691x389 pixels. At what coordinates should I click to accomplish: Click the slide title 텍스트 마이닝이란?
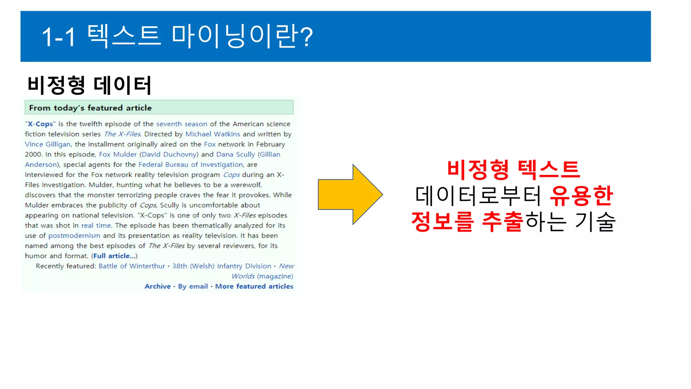click(177, 36)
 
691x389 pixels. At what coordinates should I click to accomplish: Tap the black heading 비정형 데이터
click(89, 85)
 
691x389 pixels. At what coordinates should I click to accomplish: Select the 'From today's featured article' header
click(90, 108)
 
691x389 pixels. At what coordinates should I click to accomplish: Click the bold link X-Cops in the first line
click(40, 124)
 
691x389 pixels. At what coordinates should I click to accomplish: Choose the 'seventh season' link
click(182, 124)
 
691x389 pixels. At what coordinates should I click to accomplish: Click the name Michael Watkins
click(213, 134)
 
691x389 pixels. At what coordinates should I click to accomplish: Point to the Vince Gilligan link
click(48, 144)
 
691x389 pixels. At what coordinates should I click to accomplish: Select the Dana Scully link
click(236, 154)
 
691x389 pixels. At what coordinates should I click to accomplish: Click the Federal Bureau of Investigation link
click(191, 164)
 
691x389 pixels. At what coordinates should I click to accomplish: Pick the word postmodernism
click(74, 235)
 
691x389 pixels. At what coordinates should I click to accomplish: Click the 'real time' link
click(96, 225)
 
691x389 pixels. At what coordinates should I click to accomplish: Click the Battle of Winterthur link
click(132, 266)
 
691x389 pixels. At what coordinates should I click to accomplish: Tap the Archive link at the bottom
click(158, 286)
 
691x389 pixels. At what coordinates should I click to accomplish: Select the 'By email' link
click(193, 286)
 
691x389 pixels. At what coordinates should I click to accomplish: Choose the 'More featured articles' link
click(254, 286)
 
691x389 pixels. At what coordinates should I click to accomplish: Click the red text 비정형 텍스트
click(513, 170)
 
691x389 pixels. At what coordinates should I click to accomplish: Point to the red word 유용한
click(581, 196)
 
